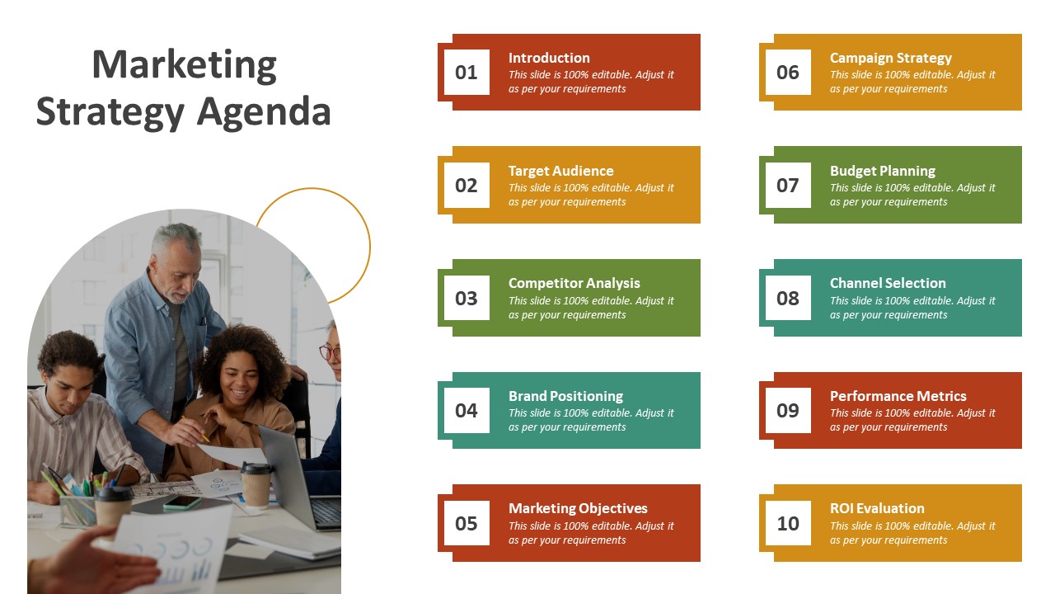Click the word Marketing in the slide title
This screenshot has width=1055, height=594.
184,65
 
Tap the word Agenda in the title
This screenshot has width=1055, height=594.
264,112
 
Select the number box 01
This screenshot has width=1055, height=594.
467,72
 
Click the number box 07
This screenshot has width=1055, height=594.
788,186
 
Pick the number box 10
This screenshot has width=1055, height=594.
788,523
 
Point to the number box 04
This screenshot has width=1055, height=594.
467,411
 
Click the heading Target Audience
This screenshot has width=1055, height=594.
561,171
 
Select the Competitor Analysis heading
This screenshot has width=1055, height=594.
574,283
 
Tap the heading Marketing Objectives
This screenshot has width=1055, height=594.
578,508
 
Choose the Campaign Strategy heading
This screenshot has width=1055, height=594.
891,58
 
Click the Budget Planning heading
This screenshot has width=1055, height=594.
883,171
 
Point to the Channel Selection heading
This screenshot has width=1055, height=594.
888,283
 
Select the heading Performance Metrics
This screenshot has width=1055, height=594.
898,396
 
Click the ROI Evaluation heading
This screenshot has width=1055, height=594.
877,508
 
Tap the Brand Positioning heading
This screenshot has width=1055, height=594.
565,396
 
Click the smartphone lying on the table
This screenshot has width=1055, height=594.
182,502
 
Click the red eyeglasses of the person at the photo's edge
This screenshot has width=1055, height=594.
330,352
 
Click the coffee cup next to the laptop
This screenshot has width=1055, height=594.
256,485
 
